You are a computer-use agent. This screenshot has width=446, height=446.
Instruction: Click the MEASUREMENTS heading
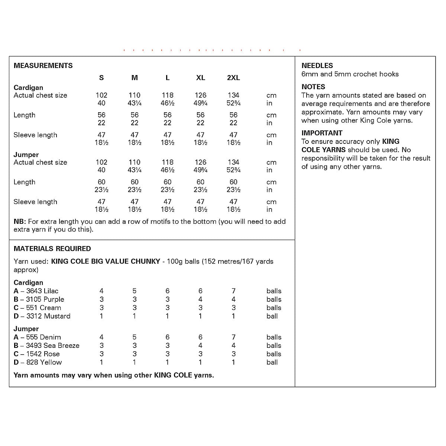point(43,66)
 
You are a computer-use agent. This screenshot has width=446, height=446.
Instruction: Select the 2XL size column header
point(233,78)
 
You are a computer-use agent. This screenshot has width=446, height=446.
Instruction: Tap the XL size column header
point(200,78)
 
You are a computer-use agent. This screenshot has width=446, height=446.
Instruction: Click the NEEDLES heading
point(317,66)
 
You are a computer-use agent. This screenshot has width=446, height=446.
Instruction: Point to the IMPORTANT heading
point(322,133)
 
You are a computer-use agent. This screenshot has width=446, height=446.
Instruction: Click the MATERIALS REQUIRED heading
point(52,249)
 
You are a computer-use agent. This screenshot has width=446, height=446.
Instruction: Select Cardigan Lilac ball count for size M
point(135,291)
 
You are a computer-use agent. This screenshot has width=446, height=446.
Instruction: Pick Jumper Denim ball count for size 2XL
point(233,337)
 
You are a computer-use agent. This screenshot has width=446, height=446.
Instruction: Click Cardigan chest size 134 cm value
point(233,95)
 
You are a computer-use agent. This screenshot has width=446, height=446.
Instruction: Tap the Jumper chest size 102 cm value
point(101,162)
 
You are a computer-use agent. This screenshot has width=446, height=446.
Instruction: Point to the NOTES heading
point(313,87)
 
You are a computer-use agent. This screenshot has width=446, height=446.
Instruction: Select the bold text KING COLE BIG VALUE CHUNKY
point(106,261)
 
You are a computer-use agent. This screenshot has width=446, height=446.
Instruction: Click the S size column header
point(101,78)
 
